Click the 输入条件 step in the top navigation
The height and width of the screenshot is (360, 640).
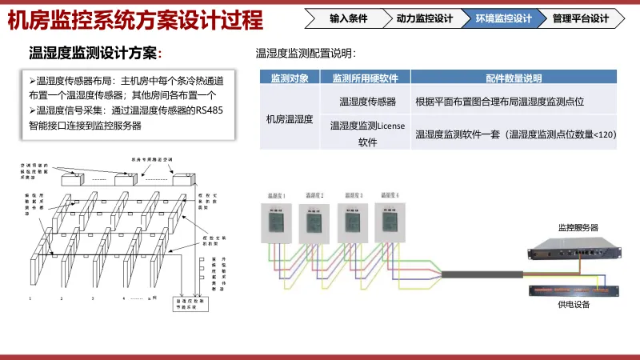(x=350, y=18)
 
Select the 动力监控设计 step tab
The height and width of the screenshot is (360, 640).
(x=424, y=18)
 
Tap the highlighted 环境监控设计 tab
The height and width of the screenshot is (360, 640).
(x=503, y=18)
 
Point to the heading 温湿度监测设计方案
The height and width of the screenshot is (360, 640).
(x=94, y=54)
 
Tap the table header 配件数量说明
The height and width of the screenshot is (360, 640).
(x=514, y=78)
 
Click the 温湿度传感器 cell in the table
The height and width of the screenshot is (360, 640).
(x=367, y=102)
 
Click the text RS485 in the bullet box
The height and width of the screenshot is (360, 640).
(x=210, y=111)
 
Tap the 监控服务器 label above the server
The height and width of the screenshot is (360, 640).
(x=578, y=228)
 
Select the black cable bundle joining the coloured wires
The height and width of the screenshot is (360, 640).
(x=480, y=274)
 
